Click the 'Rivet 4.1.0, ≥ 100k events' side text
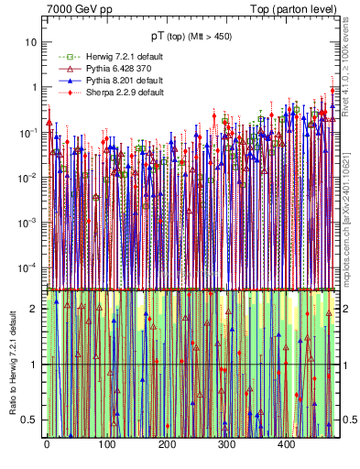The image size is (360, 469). tap(352, 64)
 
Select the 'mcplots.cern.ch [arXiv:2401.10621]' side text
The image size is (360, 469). tap(352, 211)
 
